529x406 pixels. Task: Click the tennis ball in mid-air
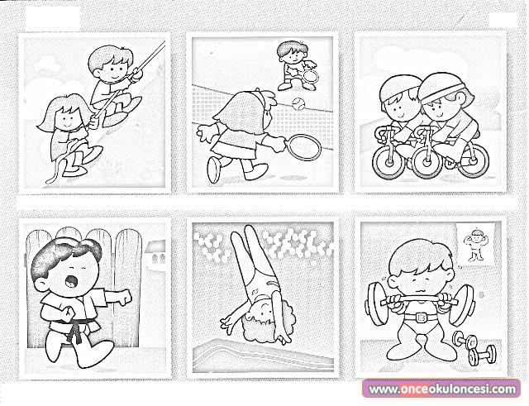tap(298, 103)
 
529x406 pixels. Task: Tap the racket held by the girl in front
tap(303, 147)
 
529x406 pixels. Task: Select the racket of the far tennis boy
tap(310, 76)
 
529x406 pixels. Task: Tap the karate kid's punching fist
tap(124, 297)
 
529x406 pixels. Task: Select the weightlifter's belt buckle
tap(421, 318)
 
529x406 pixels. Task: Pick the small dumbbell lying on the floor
tap(474, 348)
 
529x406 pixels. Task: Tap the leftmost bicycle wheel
tap(390, 163)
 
